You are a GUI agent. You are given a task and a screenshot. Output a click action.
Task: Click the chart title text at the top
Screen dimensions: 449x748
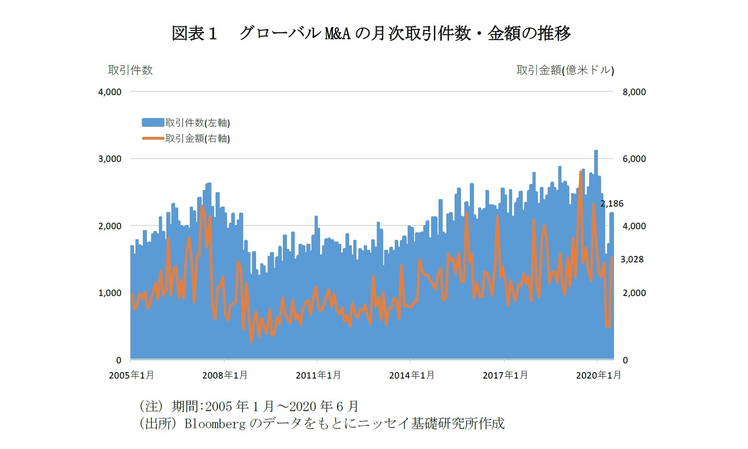[371, 33]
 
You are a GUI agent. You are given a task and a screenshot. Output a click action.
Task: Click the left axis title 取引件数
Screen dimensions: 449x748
[130, 70]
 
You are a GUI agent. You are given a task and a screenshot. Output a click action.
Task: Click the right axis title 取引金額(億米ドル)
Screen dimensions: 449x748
[565, 70]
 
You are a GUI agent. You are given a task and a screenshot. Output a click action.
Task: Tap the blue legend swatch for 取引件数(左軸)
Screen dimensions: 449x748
[153, 123]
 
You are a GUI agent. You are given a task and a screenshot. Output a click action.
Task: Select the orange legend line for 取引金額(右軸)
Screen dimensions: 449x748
[153, 138]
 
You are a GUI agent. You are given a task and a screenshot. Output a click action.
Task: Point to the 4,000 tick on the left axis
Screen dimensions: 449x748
[110, 92]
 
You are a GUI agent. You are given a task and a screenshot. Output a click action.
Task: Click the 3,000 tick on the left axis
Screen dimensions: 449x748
[110, 159]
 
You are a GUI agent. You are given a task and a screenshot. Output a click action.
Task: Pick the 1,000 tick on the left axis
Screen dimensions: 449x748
[110, 293]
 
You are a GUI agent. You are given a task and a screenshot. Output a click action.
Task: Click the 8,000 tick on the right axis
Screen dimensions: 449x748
[634, 92]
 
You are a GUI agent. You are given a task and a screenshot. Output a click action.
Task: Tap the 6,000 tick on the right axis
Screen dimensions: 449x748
[634, 159]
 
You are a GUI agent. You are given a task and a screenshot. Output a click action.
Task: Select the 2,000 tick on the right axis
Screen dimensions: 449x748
[634, 293]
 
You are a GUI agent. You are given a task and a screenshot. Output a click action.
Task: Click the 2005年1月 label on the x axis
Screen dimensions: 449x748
[131, 375]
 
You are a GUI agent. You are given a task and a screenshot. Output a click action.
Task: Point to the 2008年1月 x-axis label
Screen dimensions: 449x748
[225, 375]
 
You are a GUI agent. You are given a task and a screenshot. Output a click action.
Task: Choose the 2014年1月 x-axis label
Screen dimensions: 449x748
[412, 375]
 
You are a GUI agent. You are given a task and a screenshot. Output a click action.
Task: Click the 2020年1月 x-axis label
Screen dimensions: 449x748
[598, 375]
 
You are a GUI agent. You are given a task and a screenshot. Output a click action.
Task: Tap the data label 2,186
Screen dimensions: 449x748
[612, 203]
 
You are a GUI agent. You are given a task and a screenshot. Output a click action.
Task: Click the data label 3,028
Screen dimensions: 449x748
[632, 260]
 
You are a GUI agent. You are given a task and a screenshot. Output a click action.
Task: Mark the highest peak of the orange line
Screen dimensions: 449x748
[581, 172]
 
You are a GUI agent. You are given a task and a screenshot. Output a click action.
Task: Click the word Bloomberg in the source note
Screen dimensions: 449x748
[215, 423]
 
